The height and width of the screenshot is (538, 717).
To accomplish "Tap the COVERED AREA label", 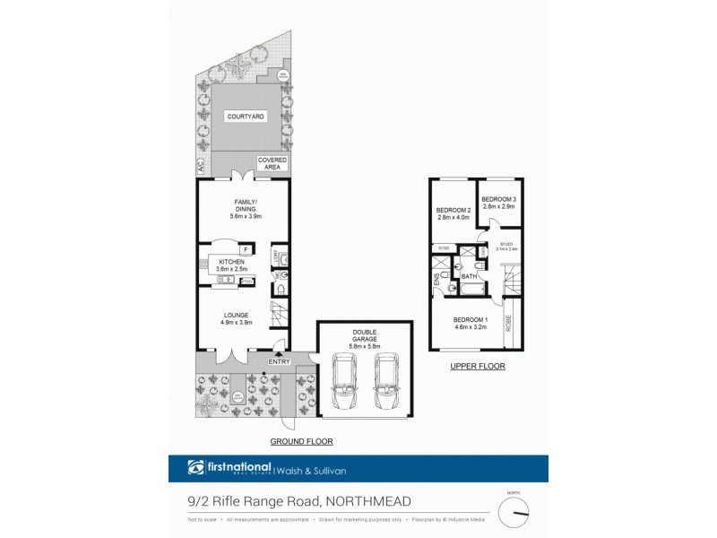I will click(272, 162).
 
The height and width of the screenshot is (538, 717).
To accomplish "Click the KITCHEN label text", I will click(232, 261).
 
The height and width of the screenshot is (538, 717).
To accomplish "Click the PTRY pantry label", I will click(247, 282).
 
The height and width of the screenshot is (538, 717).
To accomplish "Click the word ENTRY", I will click(279, 361).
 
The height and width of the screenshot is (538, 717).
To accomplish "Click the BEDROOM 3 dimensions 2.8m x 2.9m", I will click(497, 207).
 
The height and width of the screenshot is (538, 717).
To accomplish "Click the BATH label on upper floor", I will click(470, 277).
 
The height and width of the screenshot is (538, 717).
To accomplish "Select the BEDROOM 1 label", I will click(470, 320).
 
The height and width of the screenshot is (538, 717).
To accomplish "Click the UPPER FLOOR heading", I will click(477, 366).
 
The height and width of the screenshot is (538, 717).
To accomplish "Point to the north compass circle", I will click(514, 510).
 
